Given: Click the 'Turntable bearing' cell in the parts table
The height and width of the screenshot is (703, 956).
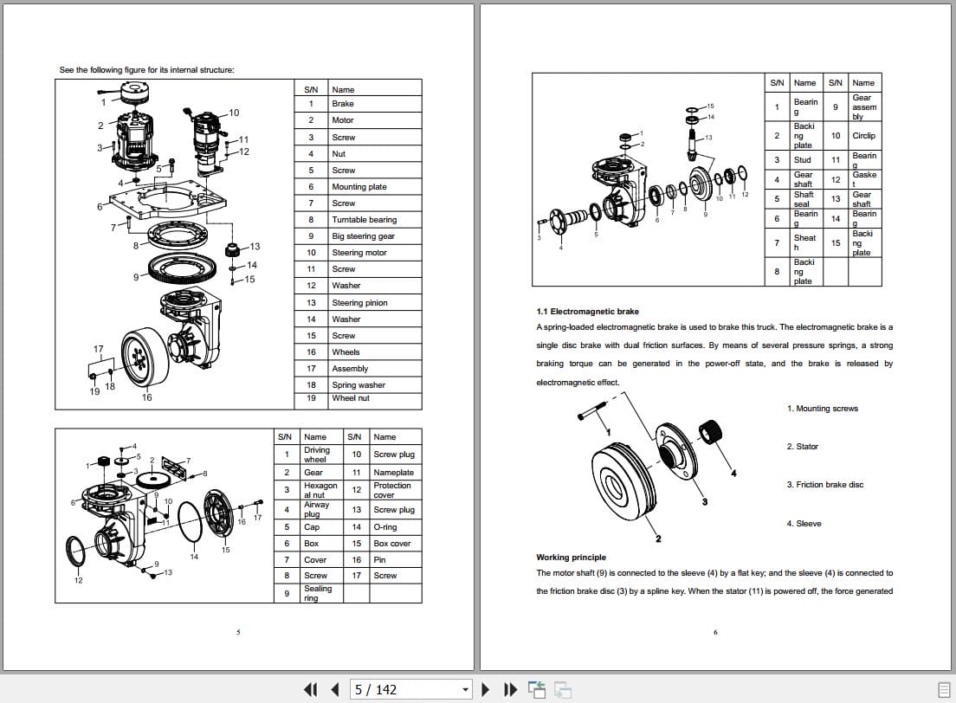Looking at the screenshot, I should coord(364,220).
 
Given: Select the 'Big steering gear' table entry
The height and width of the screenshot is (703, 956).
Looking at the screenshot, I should coord(363,236).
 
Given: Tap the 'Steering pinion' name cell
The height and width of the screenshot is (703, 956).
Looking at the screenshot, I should coord(359,303).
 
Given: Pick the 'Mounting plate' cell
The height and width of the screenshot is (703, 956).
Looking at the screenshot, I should coord(358,187).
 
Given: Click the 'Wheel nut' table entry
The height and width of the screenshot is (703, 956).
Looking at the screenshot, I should coord(351,398).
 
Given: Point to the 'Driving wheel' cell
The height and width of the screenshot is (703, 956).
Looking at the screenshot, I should coord(317,455).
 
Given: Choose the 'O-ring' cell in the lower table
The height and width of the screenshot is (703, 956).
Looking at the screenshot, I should coord(385,527).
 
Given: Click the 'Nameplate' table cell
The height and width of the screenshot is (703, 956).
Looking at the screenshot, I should coord(393,473).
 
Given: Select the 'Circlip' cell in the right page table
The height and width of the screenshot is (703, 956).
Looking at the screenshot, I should coord(863,136).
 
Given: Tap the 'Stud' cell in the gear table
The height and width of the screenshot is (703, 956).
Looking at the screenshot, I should coord(803,159).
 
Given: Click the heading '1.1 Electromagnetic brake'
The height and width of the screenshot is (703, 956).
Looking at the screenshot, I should coord(588,312).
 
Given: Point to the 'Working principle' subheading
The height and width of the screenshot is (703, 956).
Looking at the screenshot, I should coord(571,558).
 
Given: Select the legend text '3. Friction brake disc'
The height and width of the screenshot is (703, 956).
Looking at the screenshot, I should coord(824,485).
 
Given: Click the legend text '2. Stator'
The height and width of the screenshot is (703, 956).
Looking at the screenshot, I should coord(802,447).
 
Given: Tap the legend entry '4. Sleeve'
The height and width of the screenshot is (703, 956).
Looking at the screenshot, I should coord(804,524).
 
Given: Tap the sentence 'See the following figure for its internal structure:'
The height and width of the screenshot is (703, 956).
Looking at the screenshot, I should coord(145,70).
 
